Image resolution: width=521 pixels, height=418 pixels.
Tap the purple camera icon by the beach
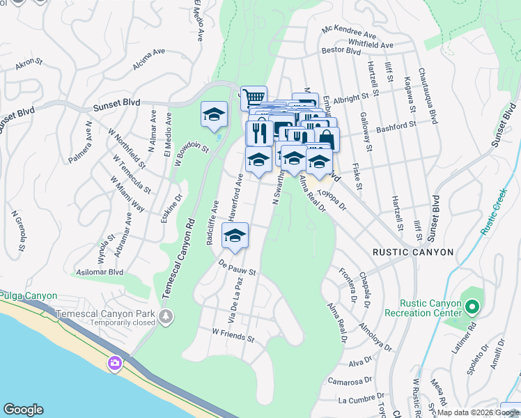(114, 363)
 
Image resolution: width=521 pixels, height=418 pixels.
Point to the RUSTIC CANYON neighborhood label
(413, 252)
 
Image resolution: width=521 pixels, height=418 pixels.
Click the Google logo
(23, 410)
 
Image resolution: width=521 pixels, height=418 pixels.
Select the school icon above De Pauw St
(235, 236)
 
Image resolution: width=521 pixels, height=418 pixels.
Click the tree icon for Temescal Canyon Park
(165, 317)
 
